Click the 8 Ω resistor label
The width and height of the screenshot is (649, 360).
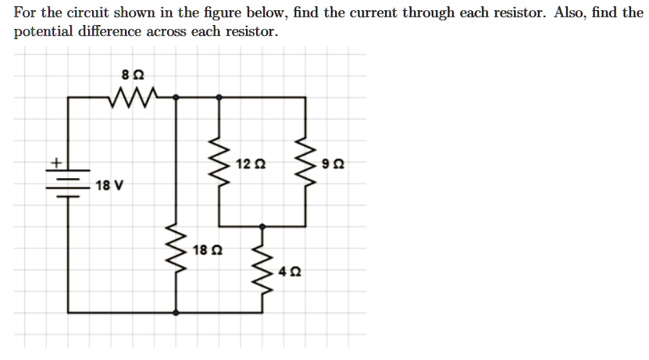134,76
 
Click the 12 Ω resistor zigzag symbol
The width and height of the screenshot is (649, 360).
218,163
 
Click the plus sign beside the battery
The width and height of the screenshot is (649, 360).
56,163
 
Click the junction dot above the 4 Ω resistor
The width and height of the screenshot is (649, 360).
262,226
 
